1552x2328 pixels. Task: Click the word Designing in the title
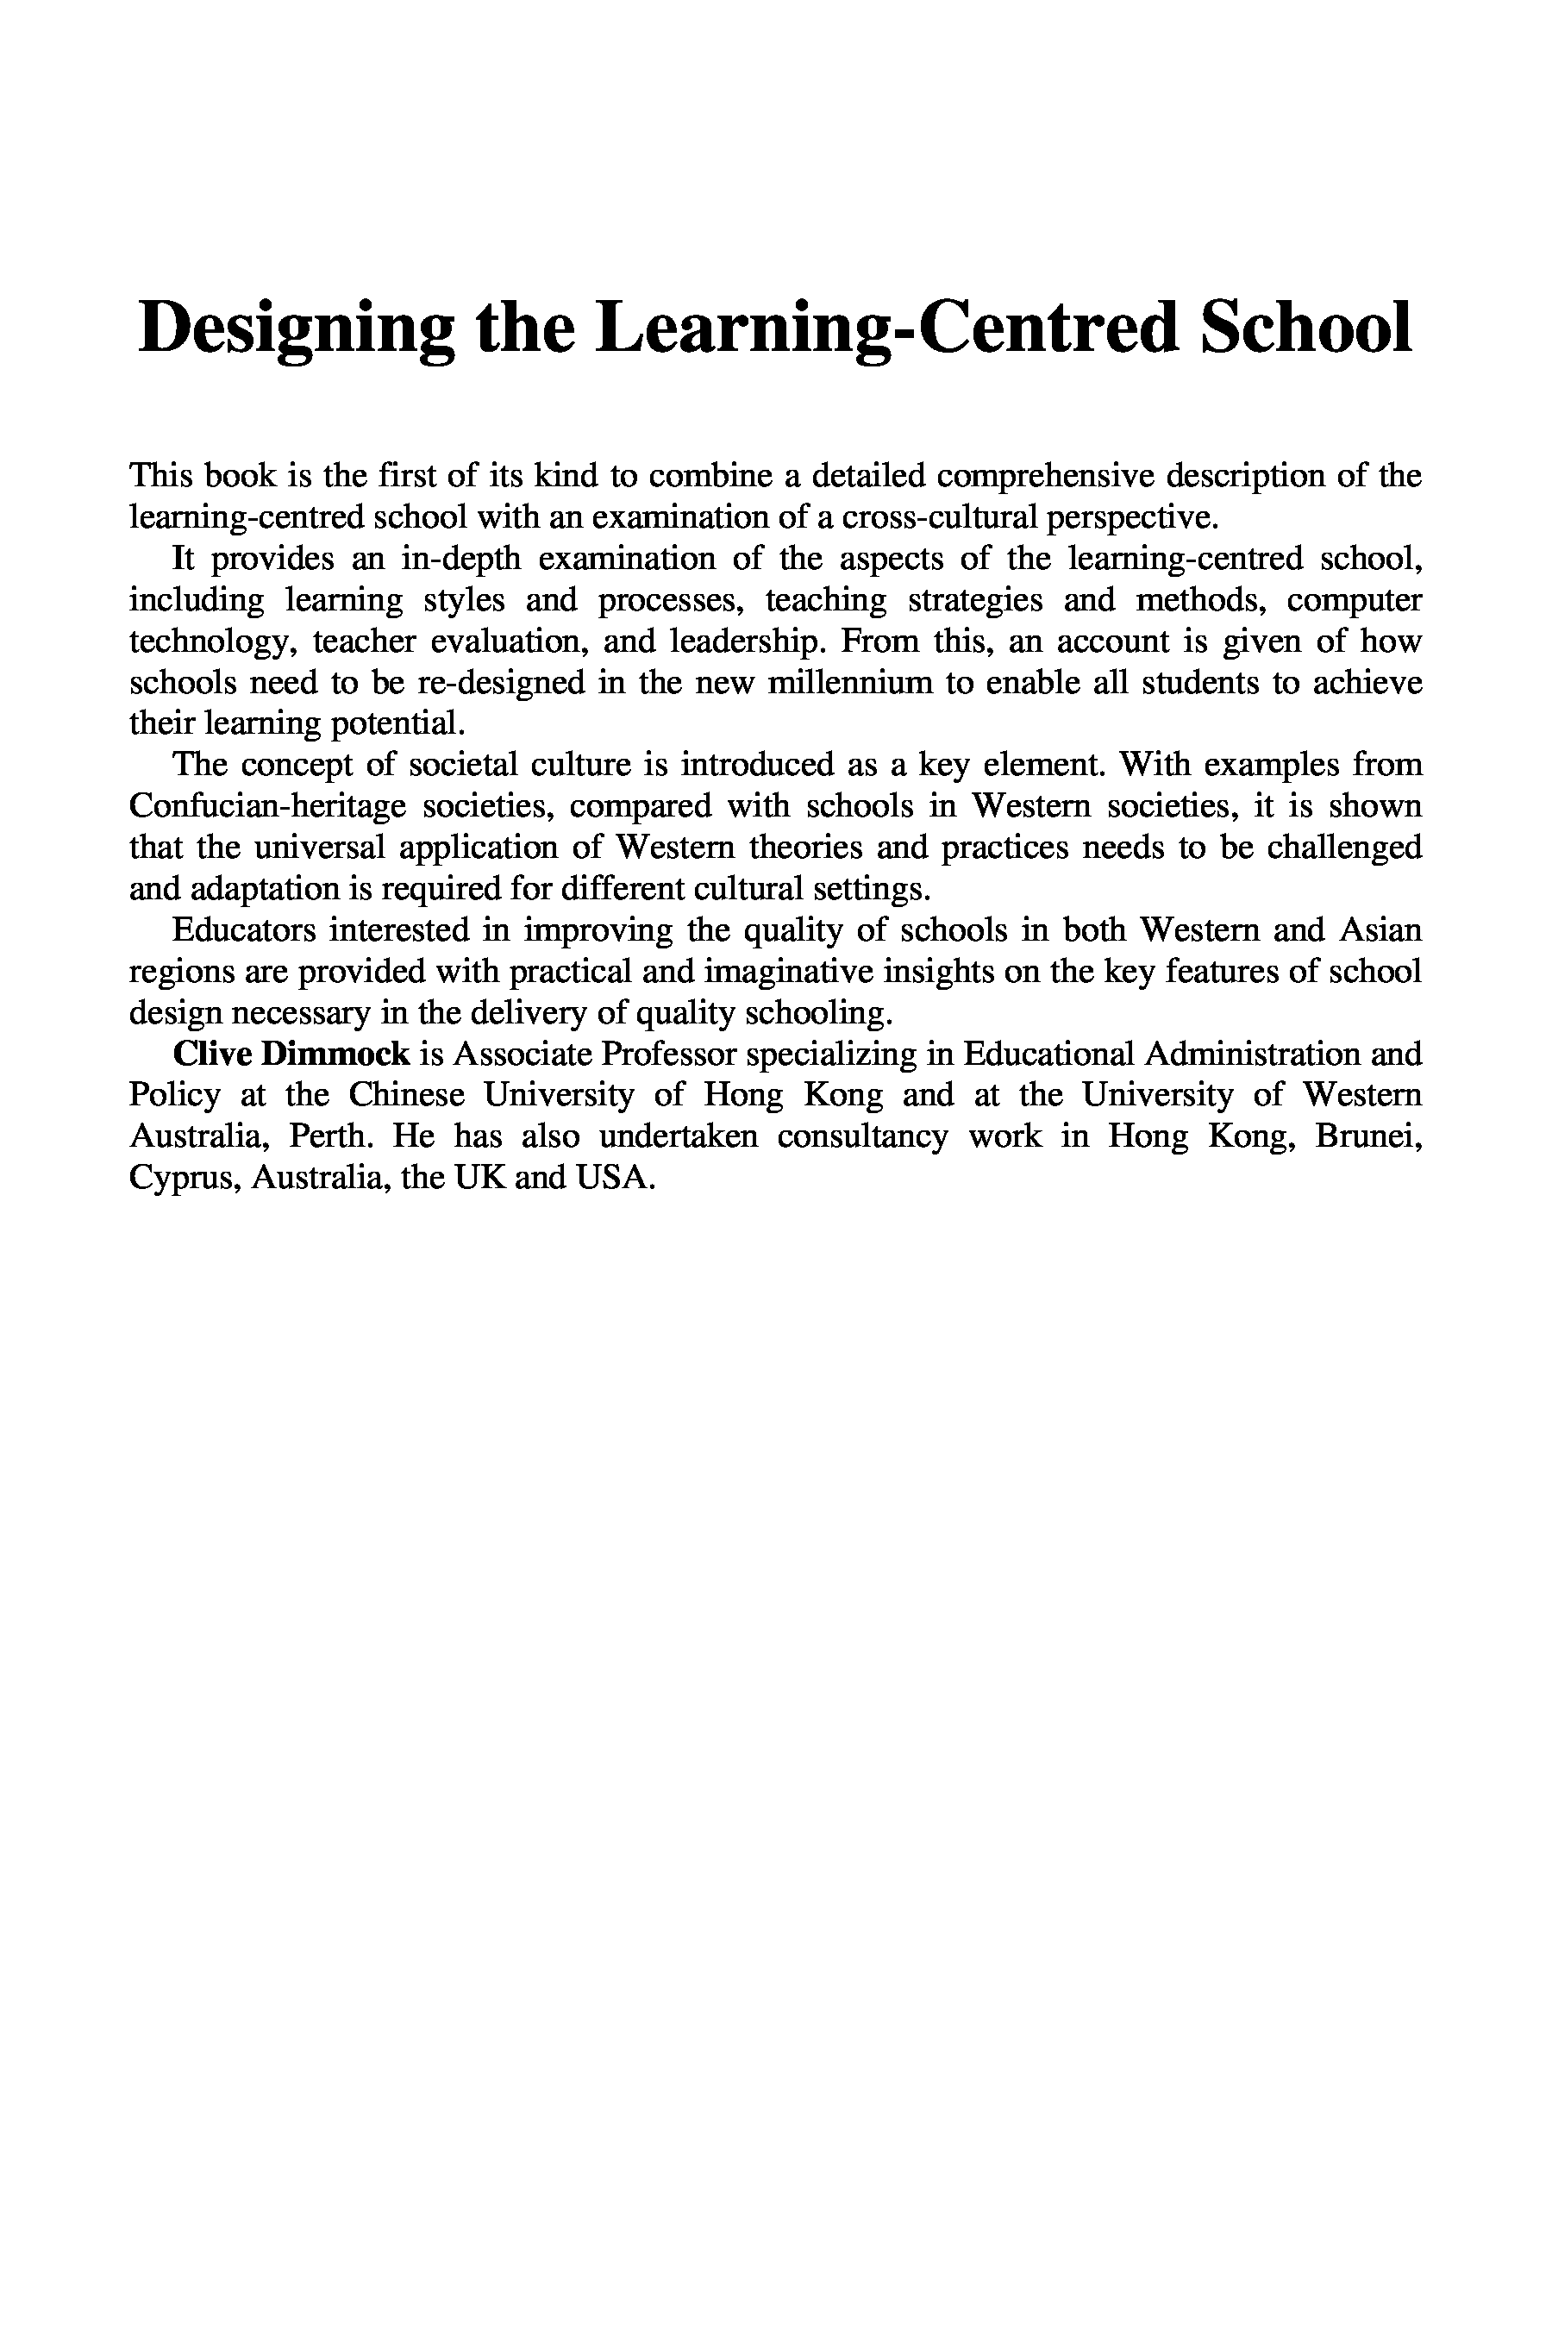tap(297, 329)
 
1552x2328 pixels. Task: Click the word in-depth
tap(460, 560)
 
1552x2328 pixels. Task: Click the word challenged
tap(1344, 848)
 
